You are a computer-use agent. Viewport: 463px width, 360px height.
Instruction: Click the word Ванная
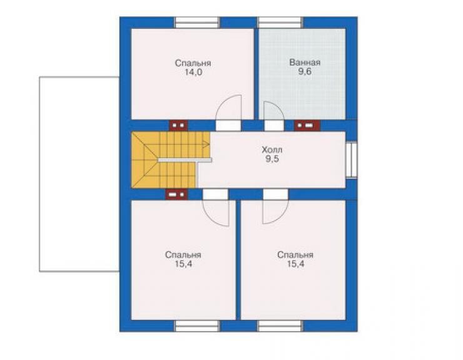[305, 63]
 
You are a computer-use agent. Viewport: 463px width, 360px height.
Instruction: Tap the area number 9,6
[305, 72]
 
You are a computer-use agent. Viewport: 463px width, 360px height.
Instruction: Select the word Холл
[272, 150]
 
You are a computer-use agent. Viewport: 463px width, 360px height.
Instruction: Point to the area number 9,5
[272, 159]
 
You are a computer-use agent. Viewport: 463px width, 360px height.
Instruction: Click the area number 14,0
[193, 72]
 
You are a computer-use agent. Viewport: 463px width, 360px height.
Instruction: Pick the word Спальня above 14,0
[193, 63]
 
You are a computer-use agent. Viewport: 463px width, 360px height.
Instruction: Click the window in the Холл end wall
[352, 160]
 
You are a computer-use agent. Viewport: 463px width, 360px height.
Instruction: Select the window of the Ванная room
[280, 23]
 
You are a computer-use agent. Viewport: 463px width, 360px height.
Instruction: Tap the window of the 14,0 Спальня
[197, 23]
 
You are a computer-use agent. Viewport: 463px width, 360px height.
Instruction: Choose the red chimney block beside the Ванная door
[307, 126]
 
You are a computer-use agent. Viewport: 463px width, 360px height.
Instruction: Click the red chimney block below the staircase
[176, 195]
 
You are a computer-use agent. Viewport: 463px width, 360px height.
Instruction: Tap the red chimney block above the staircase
[178, 126]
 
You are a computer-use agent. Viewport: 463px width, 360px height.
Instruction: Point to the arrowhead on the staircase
[206, 145]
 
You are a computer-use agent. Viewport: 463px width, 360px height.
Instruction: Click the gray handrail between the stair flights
[185, 160]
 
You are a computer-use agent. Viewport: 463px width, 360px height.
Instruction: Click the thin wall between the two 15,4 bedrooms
[238, 260]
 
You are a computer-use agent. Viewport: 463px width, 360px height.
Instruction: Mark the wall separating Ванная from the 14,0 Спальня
[257, 74]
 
